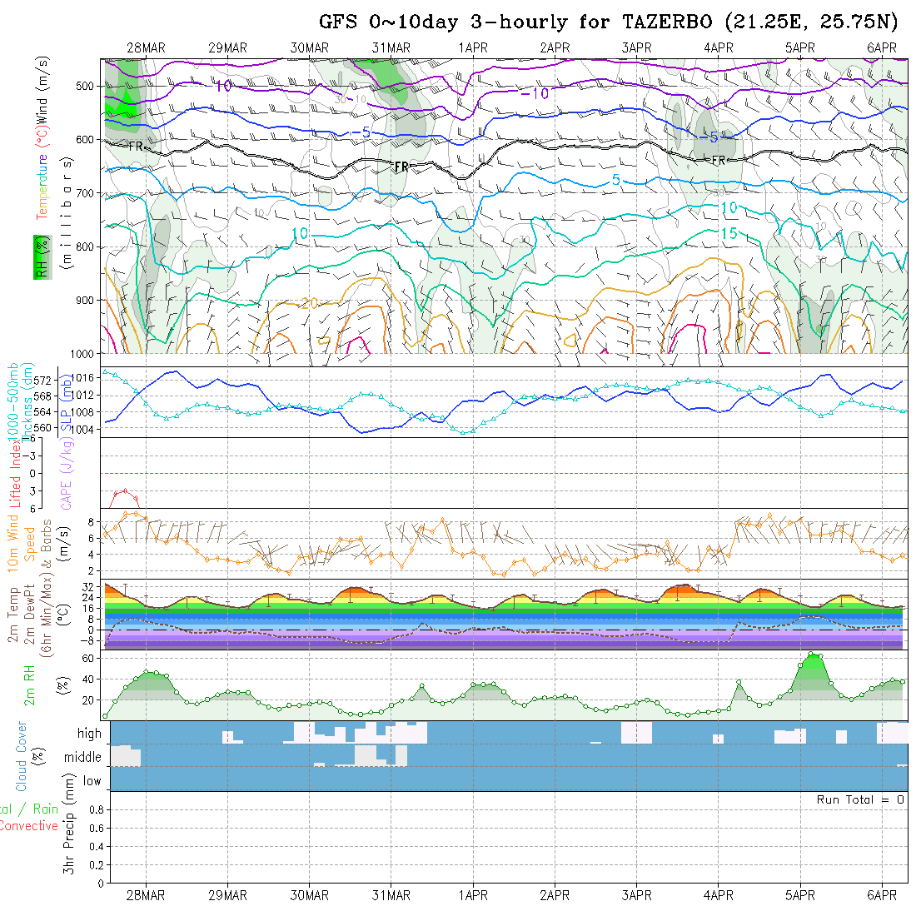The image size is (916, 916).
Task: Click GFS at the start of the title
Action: tap(338, 22)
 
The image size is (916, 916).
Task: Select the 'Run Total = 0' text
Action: tap(860, 799)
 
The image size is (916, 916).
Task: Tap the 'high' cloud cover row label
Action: tap(89, 734)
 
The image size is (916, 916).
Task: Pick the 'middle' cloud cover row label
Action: tap(82, 757)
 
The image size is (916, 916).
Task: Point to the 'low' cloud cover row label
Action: tap(92, 781)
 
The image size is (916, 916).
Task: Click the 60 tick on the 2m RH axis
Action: tap(86, 658)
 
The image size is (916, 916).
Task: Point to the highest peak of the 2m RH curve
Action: tap(814, 655)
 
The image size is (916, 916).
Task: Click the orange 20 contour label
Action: tap(308, 304)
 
